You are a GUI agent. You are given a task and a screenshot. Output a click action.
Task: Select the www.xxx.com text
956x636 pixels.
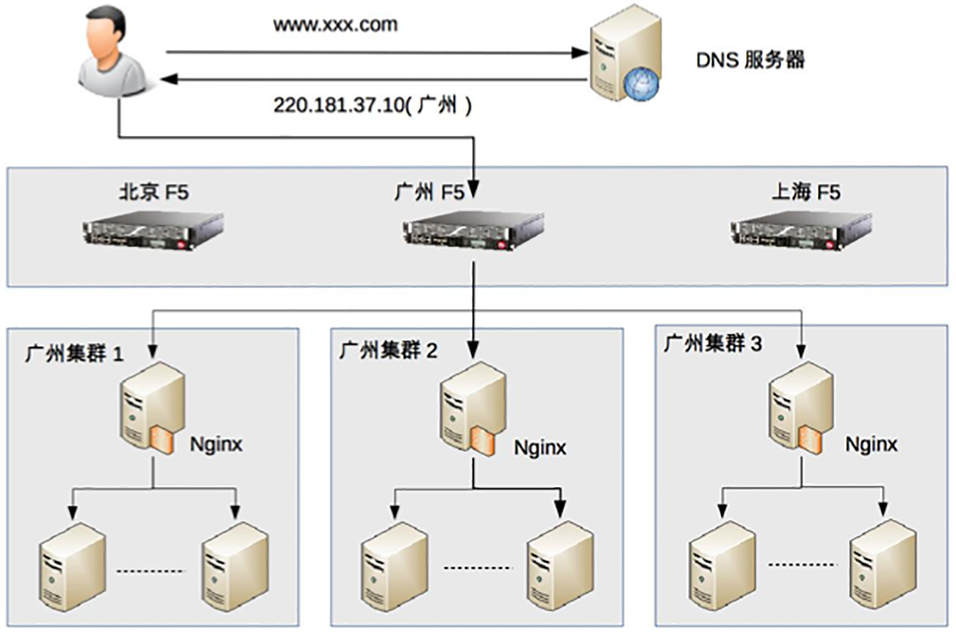pos(335,24)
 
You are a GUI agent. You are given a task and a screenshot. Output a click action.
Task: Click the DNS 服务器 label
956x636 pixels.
pos(750,60)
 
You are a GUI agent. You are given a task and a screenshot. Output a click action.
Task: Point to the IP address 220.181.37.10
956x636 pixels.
pos(336,105)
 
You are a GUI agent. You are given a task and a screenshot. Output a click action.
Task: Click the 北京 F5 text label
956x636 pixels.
pos(153,192)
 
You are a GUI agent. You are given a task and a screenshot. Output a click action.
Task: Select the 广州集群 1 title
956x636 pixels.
pos(74,353)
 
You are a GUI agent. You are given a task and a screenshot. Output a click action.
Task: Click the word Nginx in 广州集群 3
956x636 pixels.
pos(871,445)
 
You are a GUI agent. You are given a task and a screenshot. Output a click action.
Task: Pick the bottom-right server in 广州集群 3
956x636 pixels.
pos(882,565)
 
